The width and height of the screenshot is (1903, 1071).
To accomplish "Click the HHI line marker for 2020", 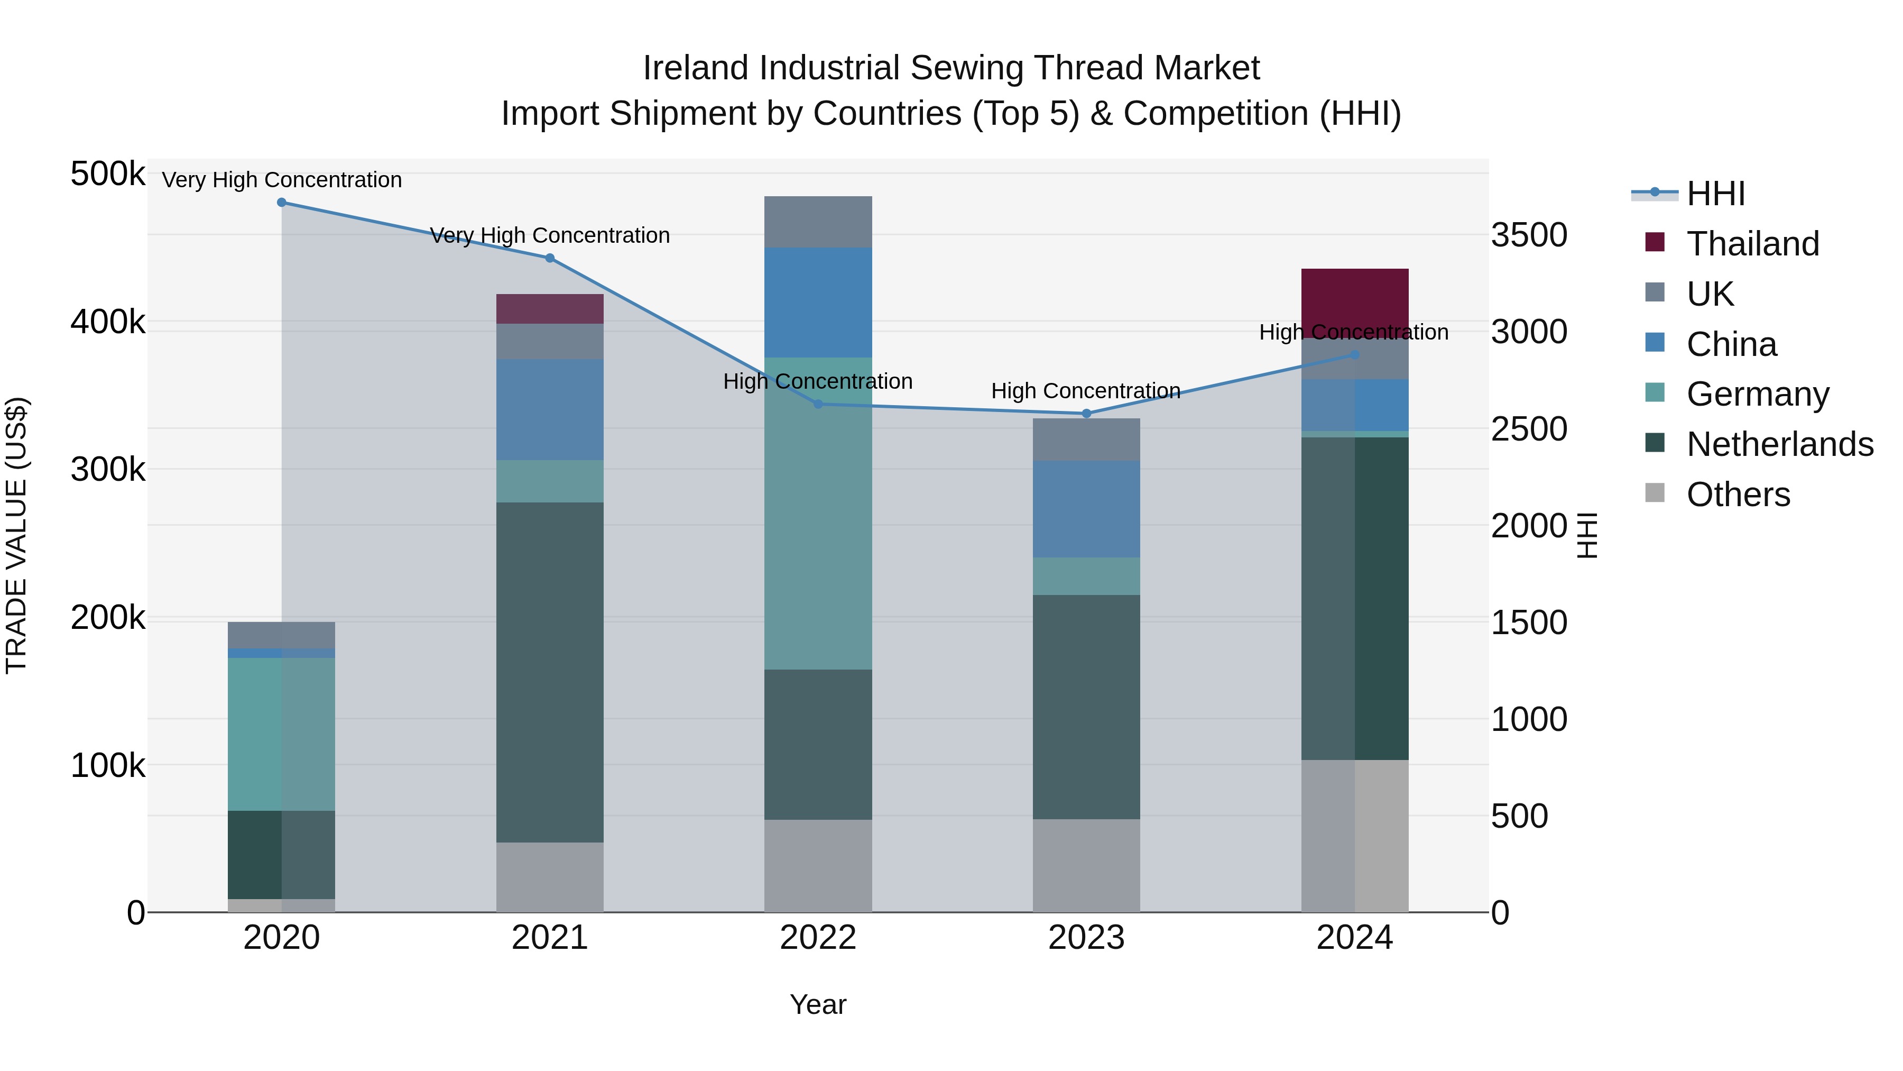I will click(x=281, y=203).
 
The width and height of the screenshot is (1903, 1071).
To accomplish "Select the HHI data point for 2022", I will click(x=818, y=404).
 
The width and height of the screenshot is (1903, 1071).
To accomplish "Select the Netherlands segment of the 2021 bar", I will click(x=550, y=673).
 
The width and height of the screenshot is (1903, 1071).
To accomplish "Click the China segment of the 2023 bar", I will click(x=1086, y=509).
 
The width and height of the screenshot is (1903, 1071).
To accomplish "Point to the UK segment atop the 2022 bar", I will click(x=818, y=222).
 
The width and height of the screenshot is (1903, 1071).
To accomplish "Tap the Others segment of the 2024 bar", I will click(x=1354, y=835).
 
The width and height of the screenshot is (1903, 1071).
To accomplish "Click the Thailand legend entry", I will click(x=1752, y=244).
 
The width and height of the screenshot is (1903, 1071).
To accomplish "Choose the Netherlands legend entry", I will click(x=1779, y=444).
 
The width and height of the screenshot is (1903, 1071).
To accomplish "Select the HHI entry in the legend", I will click(x=1715, y=194).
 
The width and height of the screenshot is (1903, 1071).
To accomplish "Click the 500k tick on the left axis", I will click(x=108, y=175).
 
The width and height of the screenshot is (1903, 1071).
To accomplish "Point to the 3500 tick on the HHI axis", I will click(x=1528, y=235).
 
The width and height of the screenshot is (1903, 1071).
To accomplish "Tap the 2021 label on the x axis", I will click(x=550, y=938).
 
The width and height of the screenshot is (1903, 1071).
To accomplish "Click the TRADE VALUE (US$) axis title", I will click(x=16, y=535).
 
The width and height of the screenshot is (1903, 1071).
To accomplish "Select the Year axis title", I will click(x=818, y=1004).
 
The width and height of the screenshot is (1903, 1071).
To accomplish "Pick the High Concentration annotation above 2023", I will click(x=1086, y=390).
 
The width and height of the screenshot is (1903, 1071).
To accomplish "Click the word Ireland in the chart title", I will click(x=695, y=68).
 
